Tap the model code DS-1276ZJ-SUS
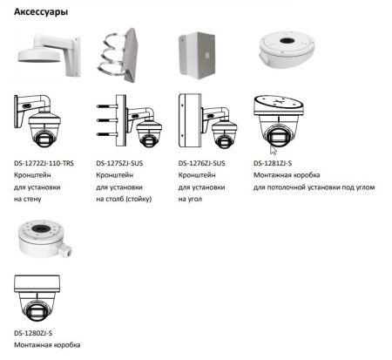202,162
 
